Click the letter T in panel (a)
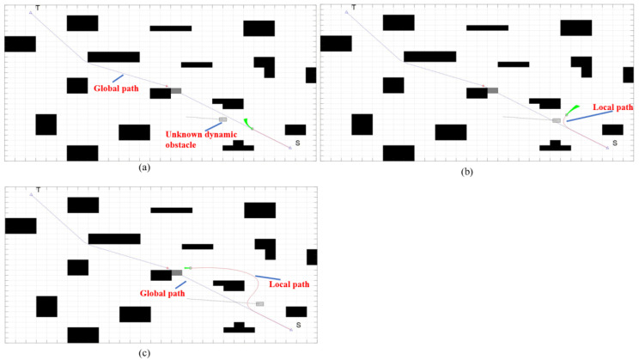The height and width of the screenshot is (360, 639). click(37, 8)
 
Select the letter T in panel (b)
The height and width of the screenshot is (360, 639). click(353, 8)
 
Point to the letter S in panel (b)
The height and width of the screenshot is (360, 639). click(614, 142)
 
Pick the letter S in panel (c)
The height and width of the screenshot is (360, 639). click(298, 325)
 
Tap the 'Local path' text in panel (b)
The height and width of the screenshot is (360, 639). click(613, 107)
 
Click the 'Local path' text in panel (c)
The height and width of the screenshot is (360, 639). click(289, 284)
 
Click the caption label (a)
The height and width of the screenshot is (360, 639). click(144, 168)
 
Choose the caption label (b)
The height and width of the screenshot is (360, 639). click(467, 171)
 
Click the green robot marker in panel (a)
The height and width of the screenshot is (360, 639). click(246, 124)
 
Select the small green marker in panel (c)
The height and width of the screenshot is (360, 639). click(187, 268)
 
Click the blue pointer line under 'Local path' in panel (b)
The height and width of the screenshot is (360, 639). click(589, 116)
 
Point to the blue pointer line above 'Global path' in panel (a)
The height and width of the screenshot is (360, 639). click(129, 78)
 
